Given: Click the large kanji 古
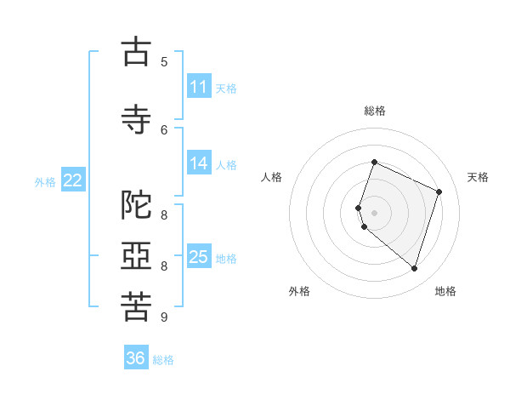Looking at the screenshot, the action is (x=136, y=51).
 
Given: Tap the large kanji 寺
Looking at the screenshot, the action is (x=136, y=119).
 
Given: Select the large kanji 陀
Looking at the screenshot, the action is (x=136, y=204).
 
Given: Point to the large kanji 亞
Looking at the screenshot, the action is (x=136, y=255).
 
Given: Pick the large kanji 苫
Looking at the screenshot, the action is (x=136, y=306).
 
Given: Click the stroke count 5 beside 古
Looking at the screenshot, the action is (x=164, y=62).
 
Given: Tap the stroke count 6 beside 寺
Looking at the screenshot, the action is (x=164, y=130).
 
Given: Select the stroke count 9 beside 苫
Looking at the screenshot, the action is (x=164, y=317).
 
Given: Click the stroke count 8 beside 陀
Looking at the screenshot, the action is (x=164, y=215).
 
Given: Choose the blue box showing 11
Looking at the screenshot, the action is (x=199, y=85).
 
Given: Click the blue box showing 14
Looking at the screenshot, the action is (x=199, y=163).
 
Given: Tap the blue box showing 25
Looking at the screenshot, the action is (x=199, y=255).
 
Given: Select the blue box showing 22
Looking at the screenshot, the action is (x=73, y=180).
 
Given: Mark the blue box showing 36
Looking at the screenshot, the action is (x=136, y=357).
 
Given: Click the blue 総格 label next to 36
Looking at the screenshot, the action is (x=163, y=360).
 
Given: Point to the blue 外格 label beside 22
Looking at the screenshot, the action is (x=45, y=182).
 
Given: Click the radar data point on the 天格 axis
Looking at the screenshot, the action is (x=439, y=191).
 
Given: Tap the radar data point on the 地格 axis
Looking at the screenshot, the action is (x=414, y=268).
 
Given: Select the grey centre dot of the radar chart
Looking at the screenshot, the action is (x=374, y=213).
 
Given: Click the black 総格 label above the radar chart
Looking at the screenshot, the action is (x=375, y=111).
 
